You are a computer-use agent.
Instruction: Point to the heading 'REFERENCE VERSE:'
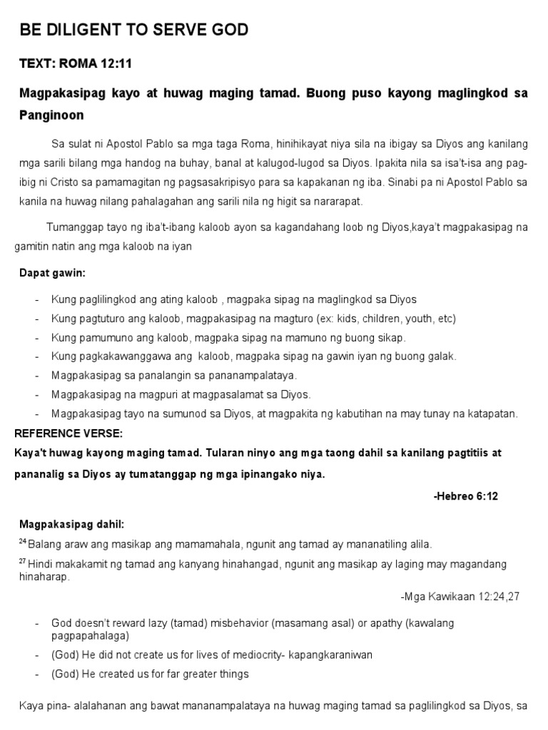68,433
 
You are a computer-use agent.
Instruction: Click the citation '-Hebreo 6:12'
465,496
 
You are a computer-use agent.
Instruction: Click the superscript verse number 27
22,561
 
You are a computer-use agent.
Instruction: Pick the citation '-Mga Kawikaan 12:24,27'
460,596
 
